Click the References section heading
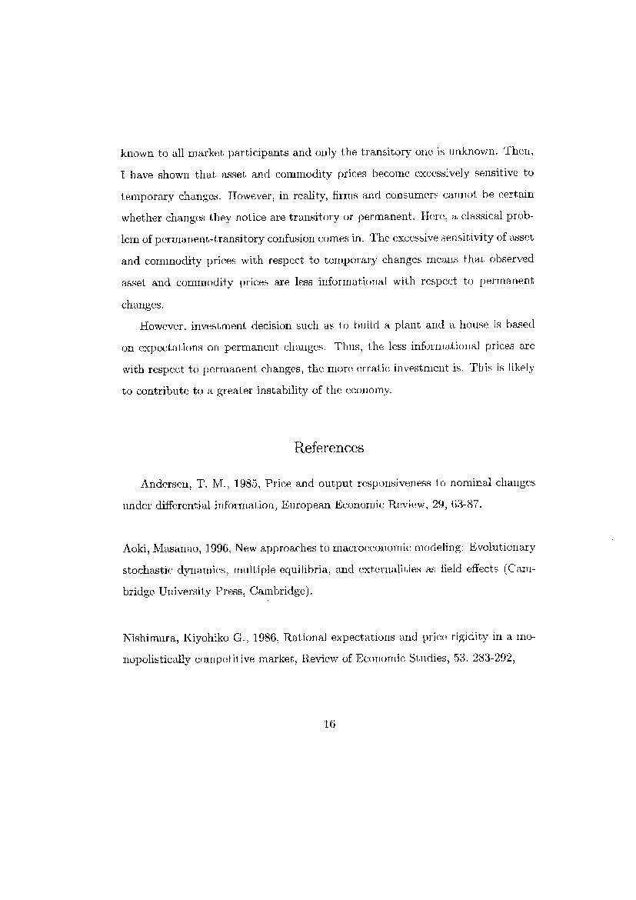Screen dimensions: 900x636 [328, 448]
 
